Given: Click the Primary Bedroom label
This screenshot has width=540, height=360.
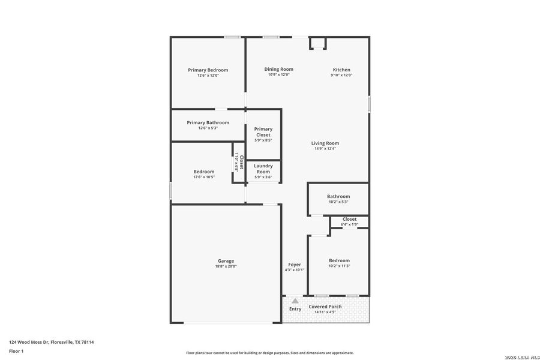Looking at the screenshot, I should pyautogui.click(x=208, y=70).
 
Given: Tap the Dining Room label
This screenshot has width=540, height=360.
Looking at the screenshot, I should pyautogui.click(x=278, y=70).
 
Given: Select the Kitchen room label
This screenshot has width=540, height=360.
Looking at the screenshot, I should pyautogui.click(x=341, y=70).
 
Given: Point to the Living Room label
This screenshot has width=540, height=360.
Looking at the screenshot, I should pyautogui.click(x=325, y=143).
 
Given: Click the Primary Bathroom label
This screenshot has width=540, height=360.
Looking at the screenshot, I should pyautogui.click(x=208, y=122).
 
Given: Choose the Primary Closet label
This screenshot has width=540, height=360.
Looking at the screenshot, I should pyautogui.click(x=263, y=132).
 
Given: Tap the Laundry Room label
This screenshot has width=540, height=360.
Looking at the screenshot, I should pyautogui.click(x=263, y=169).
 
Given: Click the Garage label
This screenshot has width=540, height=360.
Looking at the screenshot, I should pyautogui.click(x=226, y=261).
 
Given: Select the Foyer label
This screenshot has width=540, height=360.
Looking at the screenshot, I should pyautogui.click(x=294, y=265).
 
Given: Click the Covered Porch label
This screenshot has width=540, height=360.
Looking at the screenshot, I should pyautogui.click(x=325, y=307).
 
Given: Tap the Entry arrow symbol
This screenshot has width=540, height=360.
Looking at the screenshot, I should pyautogui.click(x=295, y=301).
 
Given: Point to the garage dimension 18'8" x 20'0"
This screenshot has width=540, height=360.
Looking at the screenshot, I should pyautogui.click(x=226, y=266).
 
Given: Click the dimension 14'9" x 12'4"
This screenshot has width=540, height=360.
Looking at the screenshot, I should pyautogui.click(x=325, y=149).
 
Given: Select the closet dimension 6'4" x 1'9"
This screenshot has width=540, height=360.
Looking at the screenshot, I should pyautogui.click(x=349, y=224).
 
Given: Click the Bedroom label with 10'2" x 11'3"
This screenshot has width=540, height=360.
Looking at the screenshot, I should pyautogui.click(x=339, y=260).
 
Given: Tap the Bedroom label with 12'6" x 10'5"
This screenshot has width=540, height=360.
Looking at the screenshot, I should pyautogui.click(x=203, y=172).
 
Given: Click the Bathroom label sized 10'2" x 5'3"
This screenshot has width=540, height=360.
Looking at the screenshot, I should pyautogui.click(x=338, y=196).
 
